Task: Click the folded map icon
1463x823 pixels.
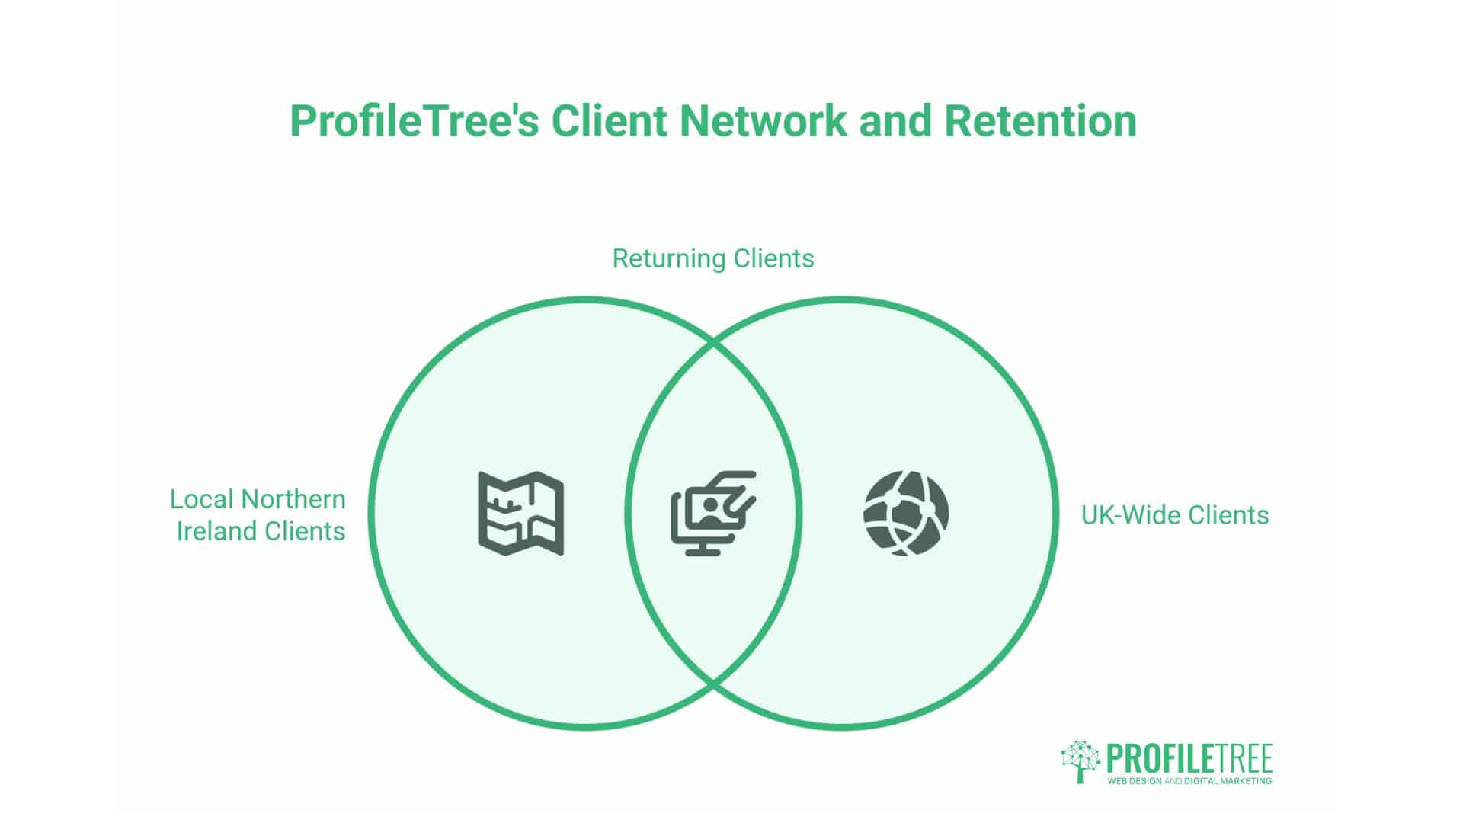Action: [521, 514]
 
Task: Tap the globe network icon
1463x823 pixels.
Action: [906, 514]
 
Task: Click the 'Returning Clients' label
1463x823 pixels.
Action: [713, 258]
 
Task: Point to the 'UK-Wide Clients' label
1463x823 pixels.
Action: [1174, 515]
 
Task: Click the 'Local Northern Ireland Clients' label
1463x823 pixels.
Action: [258, 515]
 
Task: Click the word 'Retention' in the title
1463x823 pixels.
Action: [1040, 120]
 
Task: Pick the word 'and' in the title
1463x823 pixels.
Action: [896, 120]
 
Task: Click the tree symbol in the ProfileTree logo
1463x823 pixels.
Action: [1080, 761]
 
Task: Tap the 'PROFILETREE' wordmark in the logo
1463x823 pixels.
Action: [1189, 758]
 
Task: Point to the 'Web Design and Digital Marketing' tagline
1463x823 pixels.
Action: [1189, 781]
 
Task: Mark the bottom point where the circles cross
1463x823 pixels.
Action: [714, 681]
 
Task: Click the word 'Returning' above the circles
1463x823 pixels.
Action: [659, 258]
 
